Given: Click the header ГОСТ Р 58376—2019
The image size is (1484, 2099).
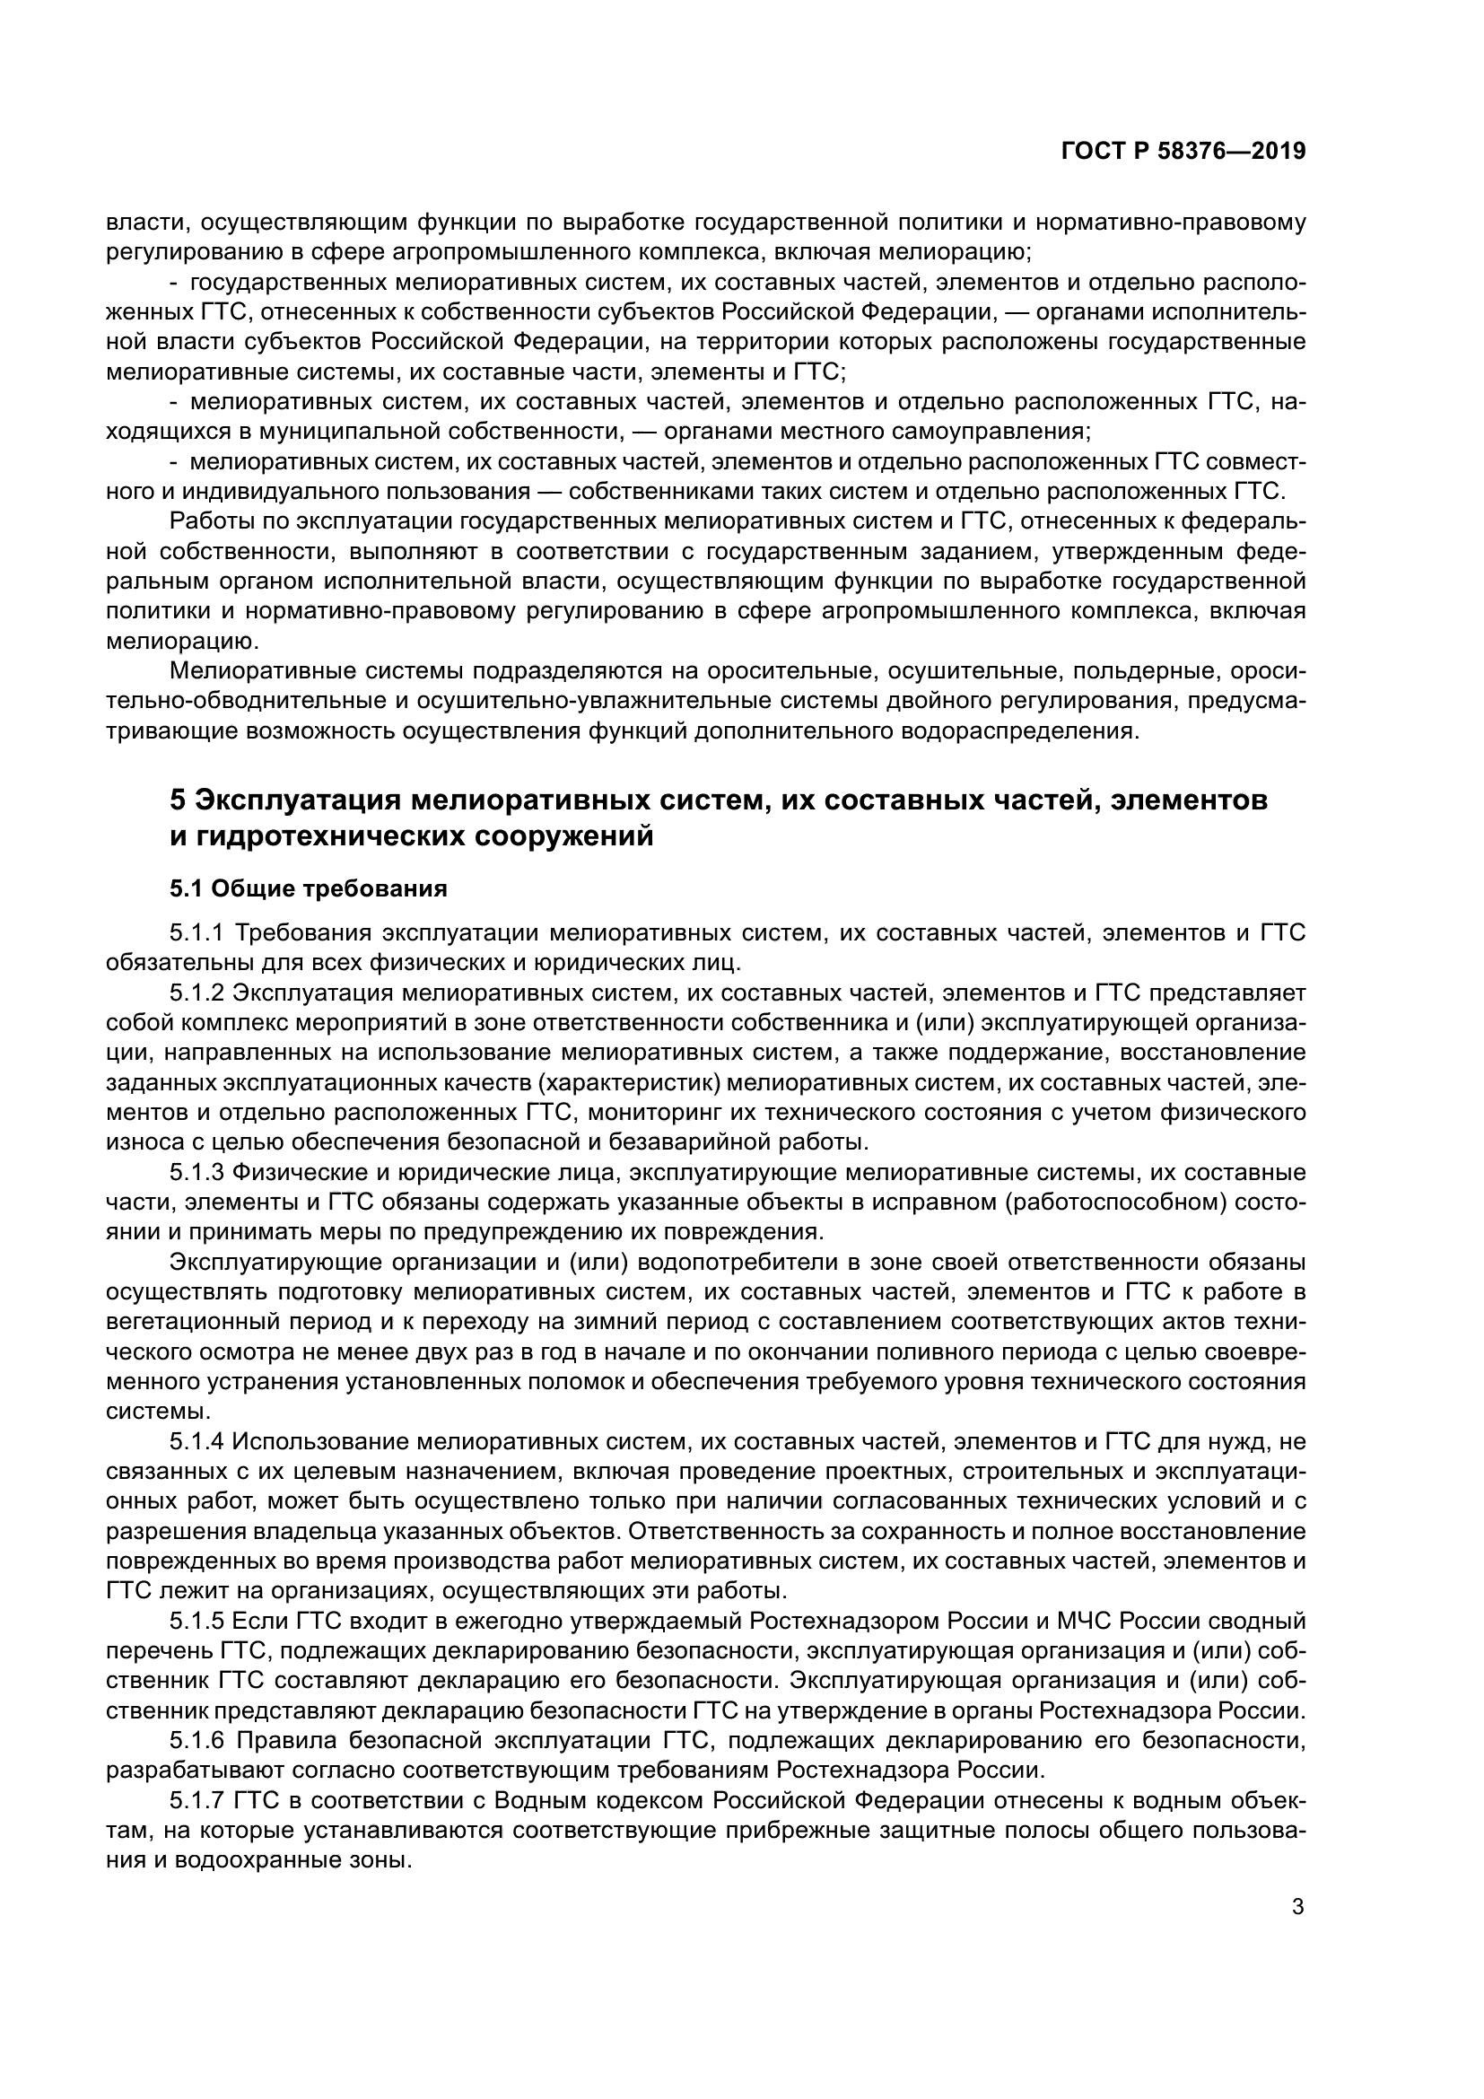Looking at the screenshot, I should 1183,152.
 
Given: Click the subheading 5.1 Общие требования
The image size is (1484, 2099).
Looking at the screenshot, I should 308,888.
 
